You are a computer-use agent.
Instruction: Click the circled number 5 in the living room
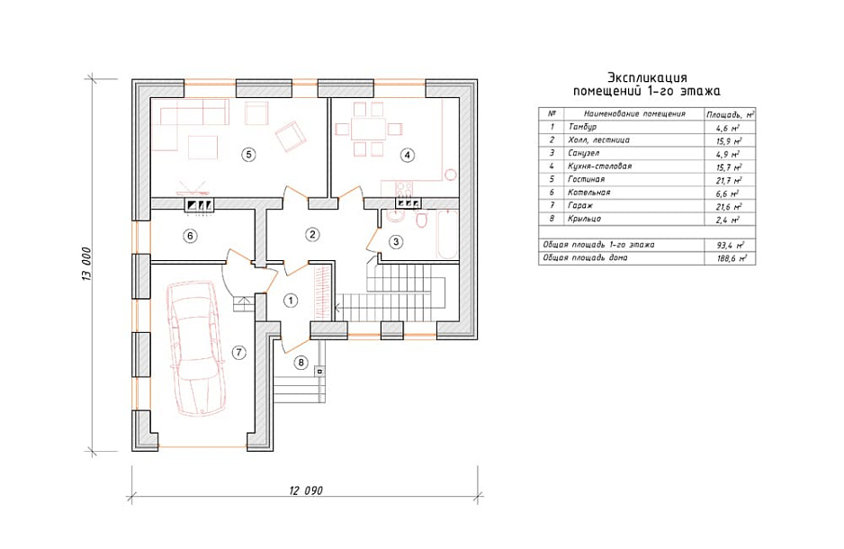248,155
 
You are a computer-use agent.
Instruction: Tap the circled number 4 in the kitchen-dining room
408,155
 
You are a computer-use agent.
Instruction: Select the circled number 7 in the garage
238,353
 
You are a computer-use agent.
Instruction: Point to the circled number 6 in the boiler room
190,235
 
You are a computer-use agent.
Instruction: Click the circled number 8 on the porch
301,363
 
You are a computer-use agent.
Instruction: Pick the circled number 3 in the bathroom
396,242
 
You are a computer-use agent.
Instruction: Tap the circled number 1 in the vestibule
291,300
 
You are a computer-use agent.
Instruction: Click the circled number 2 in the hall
312,234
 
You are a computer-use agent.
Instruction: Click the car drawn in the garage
196,348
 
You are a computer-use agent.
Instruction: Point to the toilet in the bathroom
422,220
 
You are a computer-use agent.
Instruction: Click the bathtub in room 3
448,235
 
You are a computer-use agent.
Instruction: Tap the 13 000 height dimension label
87,263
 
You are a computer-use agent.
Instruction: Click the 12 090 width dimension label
306,490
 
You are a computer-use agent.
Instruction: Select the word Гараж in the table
579,205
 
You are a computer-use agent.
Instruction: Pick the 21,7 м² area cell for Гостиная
730,180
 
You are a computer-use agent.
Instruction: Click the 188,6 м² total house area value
730,258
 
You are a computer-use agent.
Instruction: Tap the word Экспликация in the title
647,77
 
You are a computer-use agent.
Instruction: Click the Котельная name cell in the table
588,193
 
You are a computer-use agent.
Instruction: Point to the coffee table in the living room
203,147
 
